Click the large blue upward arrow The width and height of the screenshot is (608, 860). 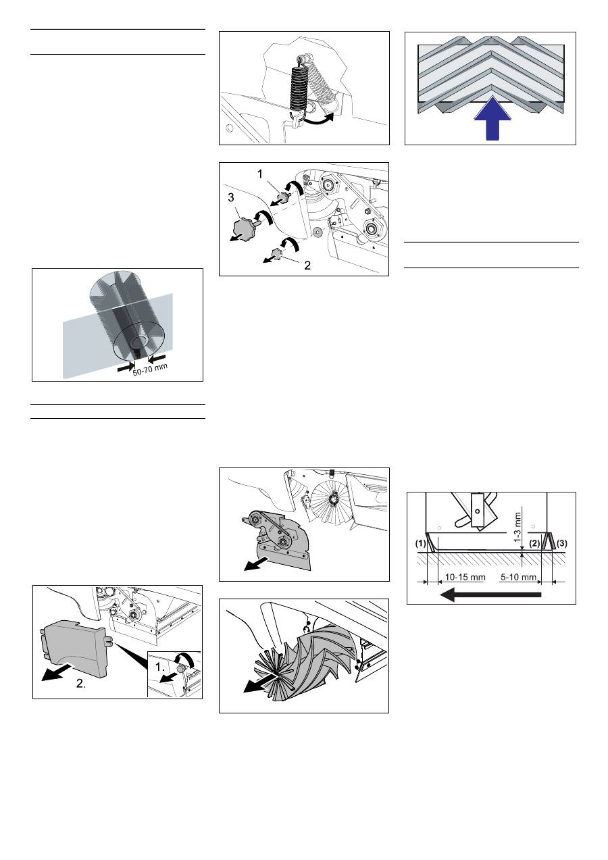(x=492, y=120)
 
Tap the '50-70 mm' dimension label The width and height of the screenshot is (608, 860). (x=150, y=370)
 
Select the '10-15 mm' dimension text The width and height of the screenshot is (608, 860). (x=465, y=577)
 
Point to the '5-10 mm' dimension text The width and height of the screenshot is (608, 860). (x=519, y=577)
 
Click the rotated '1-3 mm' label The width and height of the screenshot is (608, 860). (x=518, y=527)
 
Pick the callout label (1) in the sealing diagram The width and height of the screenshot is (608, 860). (x=421, y=544)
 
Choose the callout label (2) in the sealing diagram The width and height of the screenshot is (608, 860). (x=534, y=544)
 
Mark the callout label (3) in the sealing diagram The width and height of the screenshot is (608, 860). (x=561, y=544)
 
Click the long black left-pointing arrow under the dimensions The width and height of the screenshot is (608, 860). (x=490, y=595)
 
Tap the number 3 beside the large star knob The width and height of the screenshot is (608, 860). (x=230, y=197)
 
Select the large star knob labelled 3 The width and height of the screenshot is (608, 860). (x=246, y=226)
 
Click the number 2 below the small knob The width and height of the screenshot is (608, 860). (x=307, y=265)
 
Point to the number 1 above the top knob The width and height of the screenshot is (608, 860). (x=260, y=174)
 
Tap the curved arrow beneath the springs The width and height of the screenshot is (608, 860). (x=318, y=120)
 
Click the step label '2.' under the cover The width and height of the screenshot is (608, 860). (x=80, y=683)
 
